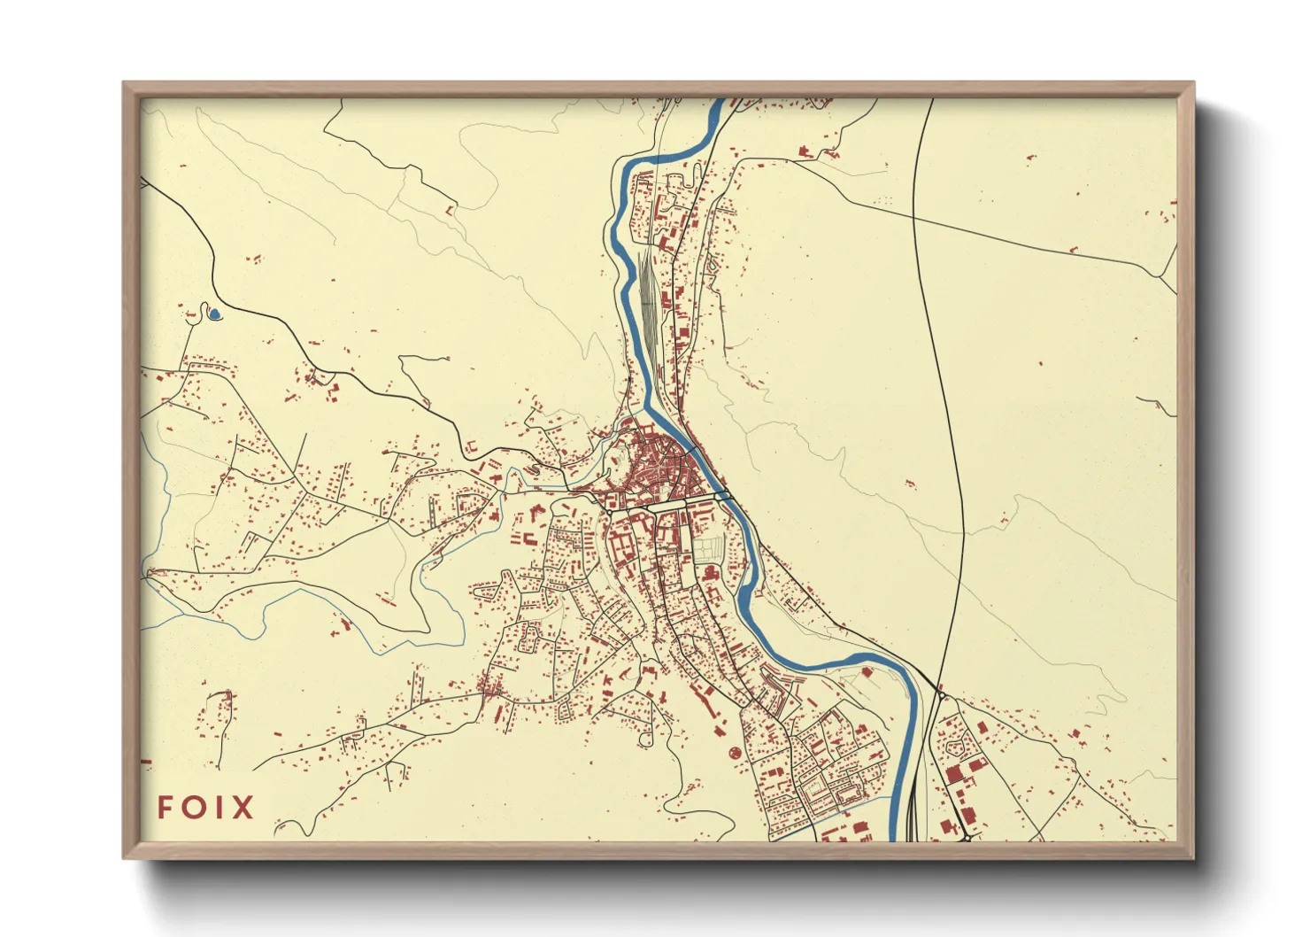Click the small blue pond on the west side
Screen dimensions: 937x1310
click(213, 313)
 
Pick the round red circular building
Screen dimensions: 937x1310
click(734, 752)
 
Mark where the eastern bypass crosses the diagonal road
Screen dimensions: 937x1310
click(915, 213)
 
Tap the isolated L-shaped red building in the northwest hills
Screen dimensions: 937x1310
click(451, 211)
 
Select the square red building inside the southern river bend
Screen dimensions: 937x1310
click(867, 672)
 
